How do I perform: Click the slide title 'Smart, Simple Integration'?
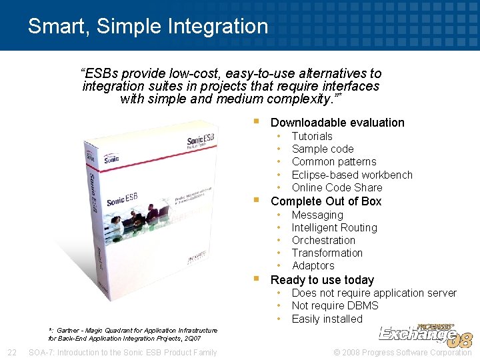[x=147, y=27]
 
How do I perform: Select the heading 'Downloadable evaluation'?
[x=337, y=123]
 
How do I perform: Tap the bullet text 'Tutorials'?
[x=312, y=136]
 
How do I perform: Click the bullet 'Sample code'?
[x=323, y=149]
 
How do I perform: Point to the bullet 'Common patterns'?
[x=334, y=161]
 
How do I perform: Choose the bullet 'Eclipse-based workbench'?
[x=352, y=175]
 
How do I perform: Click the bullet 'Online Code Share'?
[x=337, y=187]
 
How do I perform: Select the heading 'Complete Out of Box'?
[x=326, y=201]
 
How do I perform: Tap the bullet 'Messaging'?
[x=317, y=215]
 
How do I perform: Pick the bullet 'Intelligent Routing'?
[x=334, y=227]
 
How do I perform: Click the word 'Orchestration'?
[x=323, y=240]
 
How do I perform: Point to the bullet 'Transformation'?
[x=327, y=253]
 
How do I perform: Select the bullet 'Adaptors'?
[x=313, y=265]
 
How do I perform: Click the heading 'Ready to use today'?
[x=322, y=280]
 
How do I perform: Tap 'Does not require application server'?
[x=374, y=293]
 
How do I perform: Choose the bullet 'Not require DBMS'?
[x=335, y=305]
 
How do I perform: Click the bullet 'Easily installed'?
[x=327, y=319]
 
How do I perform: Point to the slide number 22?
[x=12, y=352]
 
